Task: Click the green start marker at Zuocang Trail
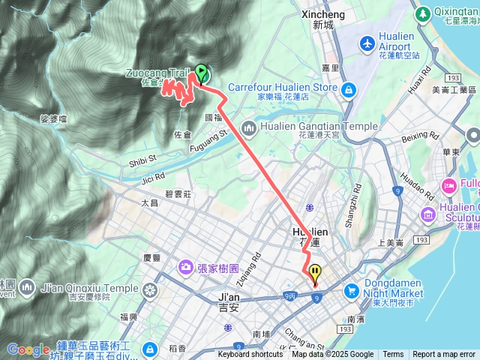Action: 202,73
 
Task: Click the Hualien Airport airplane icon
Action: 367,43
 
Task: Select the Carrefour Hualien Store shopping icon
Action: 348,91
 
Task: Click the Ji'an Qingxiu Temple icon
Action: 151,289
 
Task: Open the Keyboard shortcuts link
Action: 250,355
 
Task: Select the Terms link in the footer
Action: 393,355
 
